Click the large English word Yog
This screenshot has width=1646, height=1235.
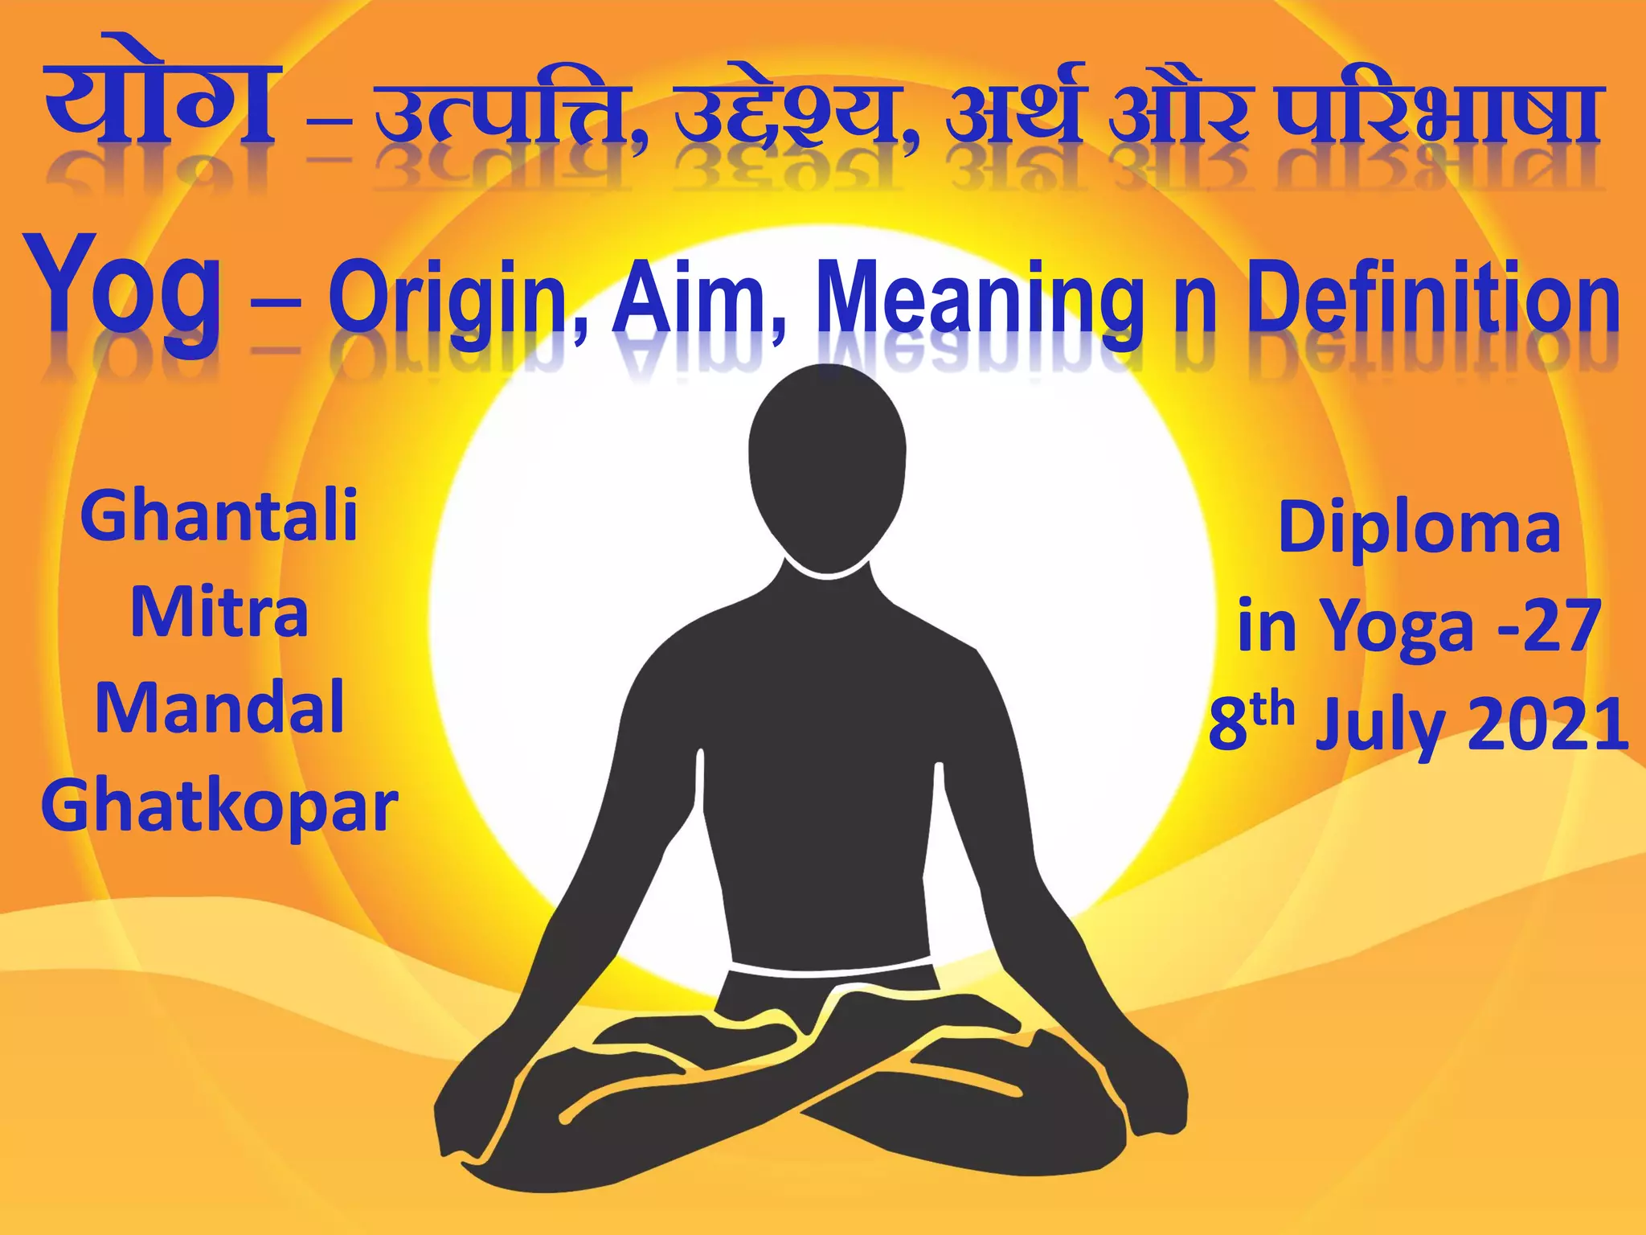[x=125, y=289]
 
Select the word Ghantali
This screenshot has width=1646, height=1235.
[x=219, y=516]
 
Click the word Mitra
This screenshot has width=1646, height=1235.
[x=219, y=613]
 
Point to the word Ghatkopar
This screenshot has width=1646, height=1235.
[x=219, y=806]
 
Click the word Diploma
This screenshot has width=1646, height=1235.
[x=1419, y=527]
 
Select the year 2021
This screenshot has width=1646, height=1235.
[x=1548, y=724]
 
